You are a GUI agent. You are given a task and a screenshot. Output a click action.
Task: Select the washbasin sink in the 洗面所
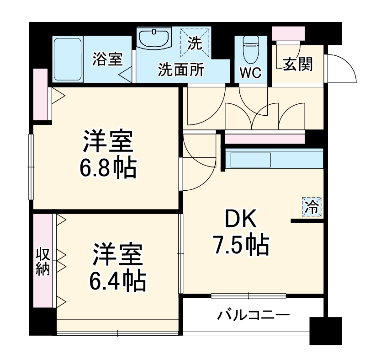point(154,38)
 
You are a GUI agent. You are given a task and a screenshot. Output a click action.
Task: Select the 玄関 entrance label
point(298,65)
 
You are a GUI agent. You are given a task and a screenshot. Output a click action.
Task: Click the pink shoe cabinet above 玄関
point(288,33)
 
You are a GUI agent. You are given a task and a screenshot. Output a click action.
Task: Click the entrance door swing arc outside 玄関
point(342,68)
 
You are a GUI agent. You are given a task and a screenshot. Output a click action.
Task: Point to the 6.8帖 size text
point(108,169)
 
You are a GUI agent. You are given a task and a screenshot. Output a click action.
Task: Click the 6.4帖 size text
point(117,281)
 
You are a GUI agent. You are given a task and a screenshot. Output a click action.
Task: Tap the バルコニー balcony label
point(253,315)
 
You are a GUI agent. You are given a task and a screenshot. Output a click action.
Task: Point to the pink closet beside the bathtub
point(41,95)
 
